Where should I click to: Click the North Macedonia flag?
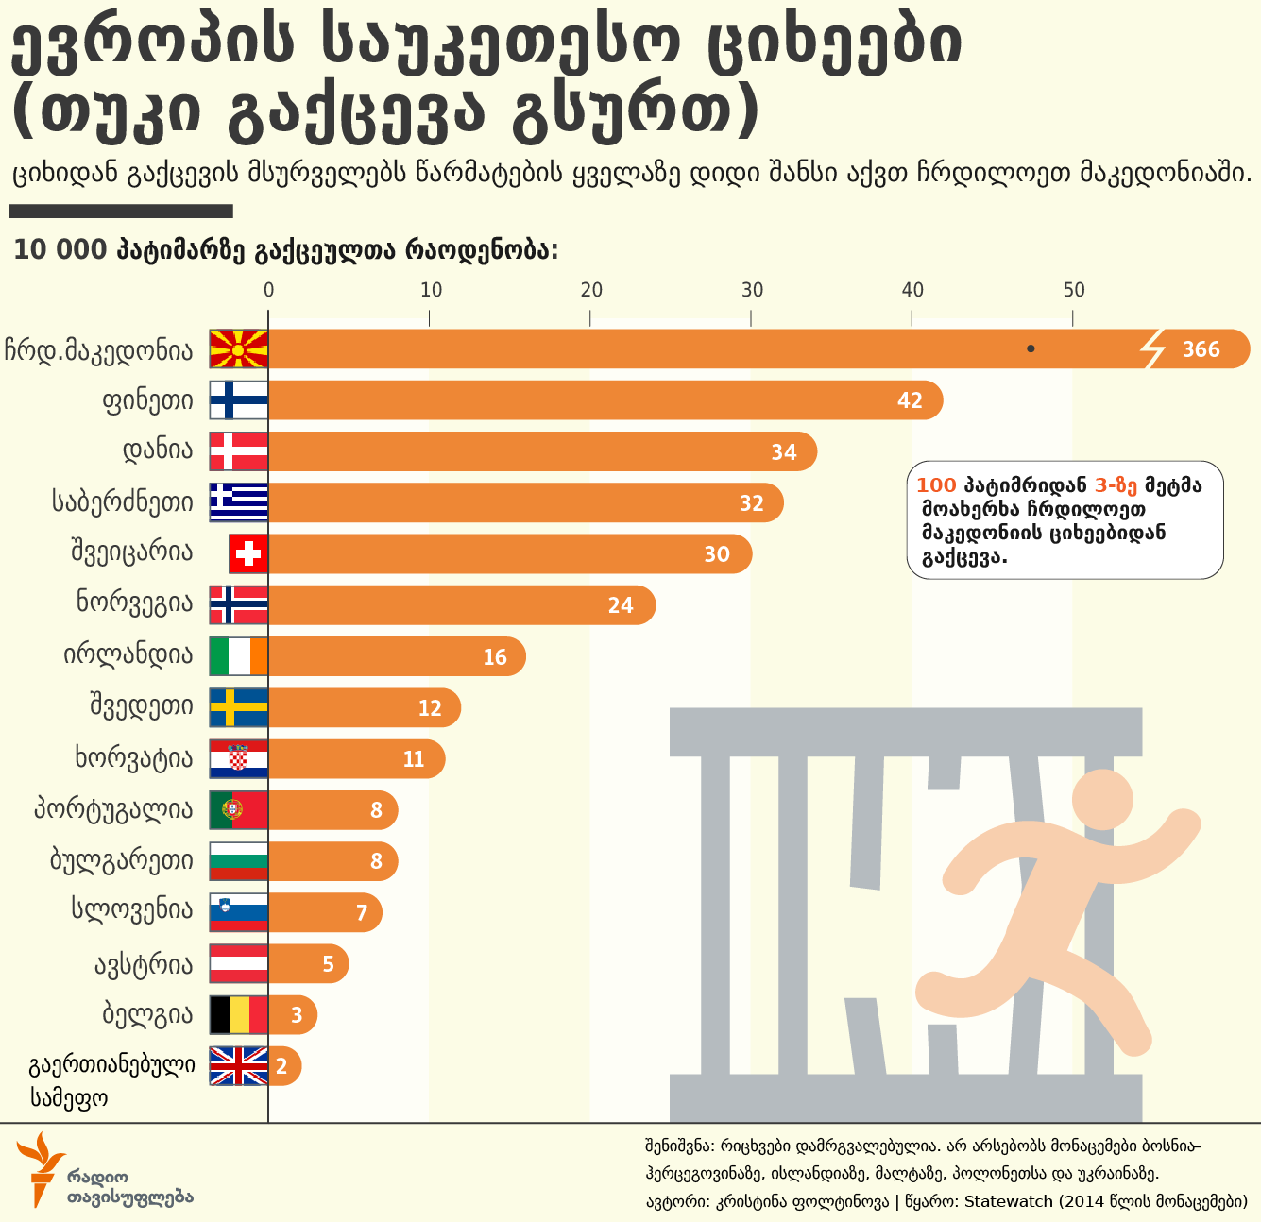pos(238,348)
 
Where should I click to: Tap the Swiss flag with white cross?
pos(248,553)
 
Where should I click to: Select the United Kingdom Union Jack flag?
pos(238,1066)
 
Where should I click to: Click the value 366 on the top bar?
pos(1201,349)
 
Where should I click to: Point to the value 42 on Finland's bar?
pos(909,400)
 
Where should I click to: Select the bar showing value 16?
pos(397,656)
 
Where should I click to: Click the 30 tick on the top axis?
pos(752,290)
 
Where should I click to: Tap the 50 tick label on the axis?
pos(1073,290)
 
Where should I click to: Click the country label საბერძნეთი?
pos(123,501)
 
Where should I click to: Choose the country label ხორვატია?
pos(133,758)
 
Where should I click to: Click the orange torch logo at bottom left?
pos(39,1166)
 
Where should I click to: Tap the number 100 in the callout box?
pos(936,485)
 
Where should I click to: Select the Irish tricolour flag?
pos(238,656)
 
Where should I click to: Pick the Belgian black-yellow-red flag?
pos(238,1015)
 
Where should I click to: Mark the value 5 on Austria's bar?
pos(328,964)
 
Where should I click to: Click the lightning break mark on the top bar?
pos(1153,349)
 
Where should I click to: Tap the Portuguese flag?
pos(238,810)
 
